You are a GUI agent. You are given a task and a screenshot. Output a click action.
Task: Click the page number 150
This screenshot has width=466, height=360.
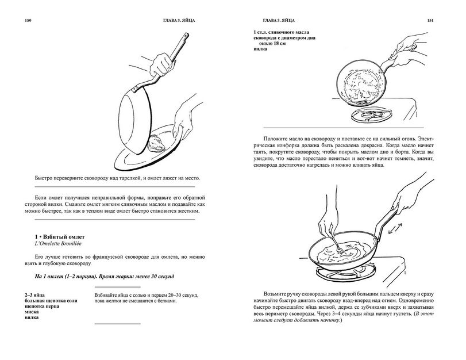point(28,21)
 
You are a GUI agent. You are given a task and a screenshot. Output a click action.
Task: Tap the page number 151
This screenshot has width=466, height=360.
point(430,21)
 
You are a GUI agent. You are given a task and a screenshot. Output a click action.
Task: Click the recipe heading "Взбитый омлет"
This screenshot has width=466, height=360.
point(64,237)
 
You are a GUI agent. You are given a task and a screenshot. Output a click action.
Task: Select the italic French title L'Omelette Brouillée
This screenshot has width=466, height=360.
point(58,244)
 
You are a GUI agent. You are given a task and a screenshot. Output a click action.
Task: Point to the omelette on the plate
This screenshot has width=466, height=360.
point(156,143)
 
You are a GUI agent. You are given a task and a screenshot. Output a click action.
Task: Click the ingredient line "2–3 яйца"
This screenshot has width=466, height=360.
point(35,295)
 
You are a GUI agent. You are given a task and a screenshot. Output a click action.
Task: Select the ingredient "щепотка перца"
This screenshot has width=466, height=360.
point(42,306)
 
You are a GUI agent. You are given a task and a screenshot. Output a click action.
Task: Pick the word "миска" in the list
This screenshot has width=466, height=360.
point(32,312)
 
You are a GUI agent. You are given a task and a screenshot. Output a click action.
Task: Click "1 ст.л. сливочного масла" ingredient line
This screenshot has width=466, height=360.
point(282,32)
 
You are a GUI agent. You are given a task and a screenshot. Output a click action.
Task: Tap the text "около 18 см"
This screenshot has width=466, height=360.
point(272,44)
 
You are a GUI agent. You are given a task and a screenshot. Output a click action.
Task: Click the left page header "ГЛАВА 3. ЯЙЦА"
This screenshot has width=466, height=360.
point(179,21)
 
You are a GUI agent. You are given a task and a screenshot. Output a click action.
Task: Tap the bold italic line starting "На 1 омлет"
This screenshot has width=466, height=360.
point(105,276)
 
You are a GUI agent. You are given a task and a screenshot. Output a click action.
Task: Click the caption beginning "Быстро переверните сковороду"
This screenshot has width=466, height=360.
point(117,178)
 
